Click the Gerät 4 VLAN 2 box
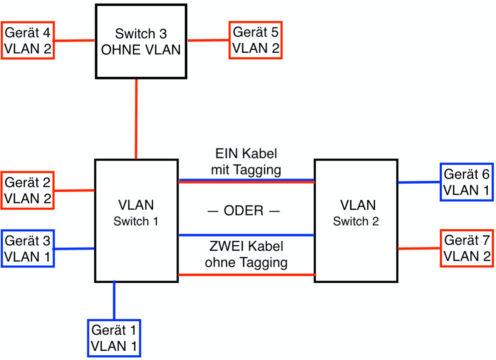tap(28, 40)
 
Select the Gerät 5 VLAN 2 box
tap(256, 40)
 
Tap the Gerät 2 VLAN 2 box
tap(28, 191)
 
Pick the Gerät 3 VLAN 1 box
tap(28, 248)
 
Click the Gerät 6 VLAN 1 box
tap(467, 182)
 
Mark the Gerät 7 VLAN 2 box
tap(467, 248)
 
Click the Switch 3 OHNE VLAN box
tap(141, 41)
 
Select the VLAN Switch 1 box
tap(136, 220)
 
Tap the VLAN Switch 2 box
tap(356, 220)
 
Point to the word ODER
tap(243, 211)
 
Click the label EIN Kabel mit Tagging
tap(246, 161)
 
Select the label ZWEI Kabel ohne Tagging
tap(246, 254)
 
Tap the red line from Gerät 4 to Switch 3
tap(74, 41)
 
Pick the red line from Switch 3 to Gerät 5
tap(208, 41)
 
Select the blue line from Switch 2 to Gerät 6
tap(419, 182)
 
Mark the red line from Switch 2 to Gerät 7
tap(419, 249)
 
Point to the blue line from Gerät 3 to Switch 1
tap(74, 249)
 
